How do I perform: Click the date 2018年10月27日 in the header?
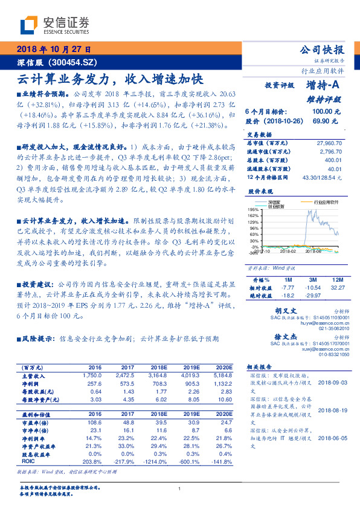(50, 49)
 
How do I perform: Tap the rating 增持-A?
(323, 85)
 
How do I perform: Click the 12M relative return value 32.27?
(338, 287)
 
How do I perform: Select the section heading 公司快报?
(322, 50)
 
